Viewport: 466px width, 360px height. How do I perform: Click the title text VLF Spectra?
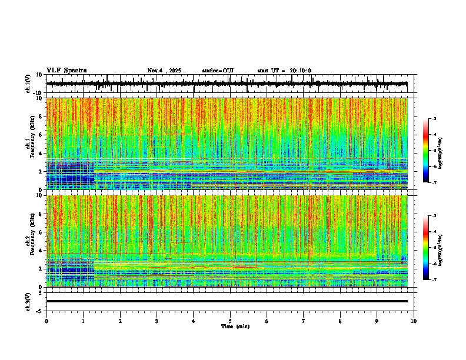click(66, 70)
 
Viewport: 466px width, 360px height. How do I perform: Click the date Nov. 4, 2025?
click(166, 71)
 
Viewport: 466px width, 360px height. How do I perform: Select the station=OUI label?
click(218, 71)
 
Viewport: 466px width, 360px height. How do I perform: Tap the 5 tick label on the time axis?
click(230, 321)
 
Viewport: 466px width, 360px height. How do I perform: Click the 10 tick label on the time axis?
click(414, 321)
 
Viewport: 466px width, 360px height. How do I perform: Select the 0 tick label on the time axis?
click(46, 321)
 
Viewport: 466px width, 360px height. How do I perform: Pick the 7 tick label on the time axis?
click(304, 321)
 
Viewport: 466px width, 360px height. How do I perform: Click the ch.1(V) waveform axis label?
click(28, 84)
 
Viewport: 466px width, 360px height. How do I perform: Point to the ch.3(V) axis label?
click(28, 301)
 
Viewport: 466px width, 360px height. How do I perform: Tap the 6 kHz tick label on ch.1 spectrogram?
click(41, 135)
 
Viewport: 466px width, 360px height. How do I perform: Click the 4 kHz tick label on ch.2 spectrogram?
click(41, 250)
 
